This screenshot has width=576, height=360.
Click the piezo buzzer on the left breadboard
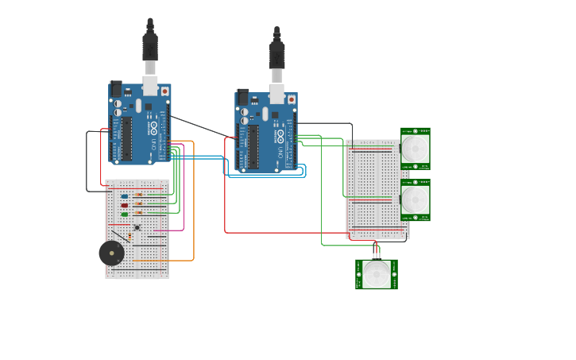[111, 254]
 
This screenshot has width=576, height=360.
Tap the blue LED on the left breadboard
[125, 195]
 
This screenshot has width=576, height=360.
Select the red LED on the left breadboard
[125, 205]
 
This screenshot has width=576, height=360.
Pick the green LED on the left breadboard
[125, 214]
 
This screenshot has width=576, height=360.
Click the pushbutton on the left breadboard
[137, 228]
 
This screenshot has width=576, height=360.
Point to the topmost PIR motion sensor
[415, 149]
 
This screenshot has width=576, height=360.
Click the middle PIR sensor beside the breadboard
[415, 200]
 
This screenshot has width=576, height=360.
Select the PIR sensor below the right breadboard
[377, 274]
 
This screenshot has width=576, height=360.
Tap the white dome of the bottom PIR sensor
[377, 274]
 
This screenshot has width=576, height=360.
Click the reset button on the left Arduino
[164, 91]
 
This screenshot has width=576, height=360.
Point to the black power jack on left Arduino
[116, 89]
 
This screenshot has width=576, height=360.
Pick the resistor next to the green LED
[140, 213]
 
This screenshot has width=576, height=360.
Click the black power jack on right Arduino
[243, 97]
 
